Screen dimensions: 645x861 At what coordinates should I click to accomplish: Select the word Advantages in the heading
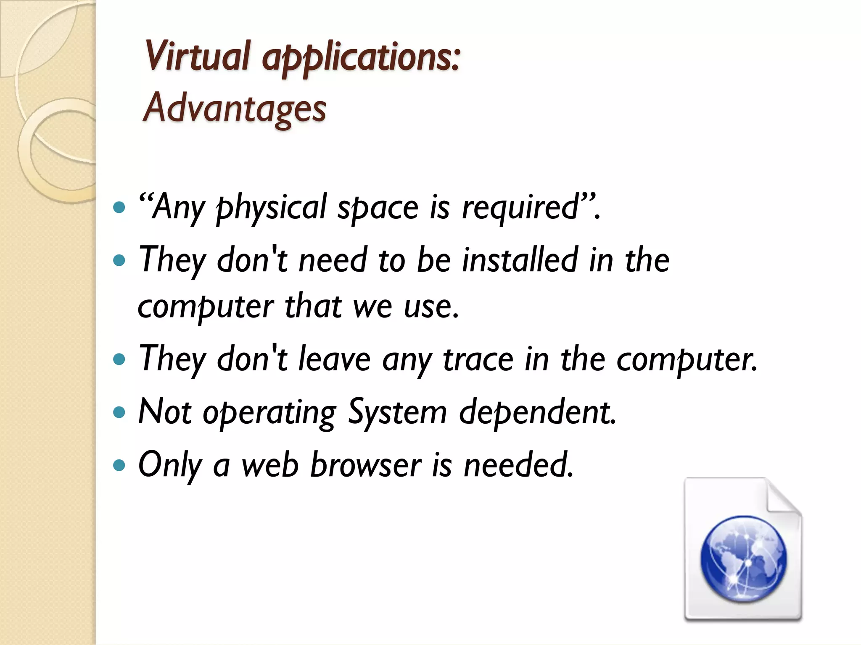[235, 108]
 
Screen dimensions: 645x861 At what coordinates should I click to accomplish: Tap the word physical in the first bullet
[271, 208]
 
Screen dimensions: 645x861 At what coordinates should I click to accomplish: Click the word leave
[334, 359]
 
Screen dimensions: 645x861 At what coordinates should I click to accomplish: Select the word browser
[365, 465]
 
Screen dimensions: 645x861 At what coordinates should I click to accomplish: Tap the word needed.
[518, 465]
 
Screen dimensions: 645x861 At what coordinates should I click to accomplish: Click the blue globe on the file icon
[743, 558]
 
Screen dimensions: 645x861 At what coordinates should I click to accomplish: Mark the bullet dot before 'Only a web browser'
[120, 465]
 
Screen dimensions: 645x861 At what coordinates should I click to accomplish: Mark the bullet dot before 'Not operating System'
[120, 412]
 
